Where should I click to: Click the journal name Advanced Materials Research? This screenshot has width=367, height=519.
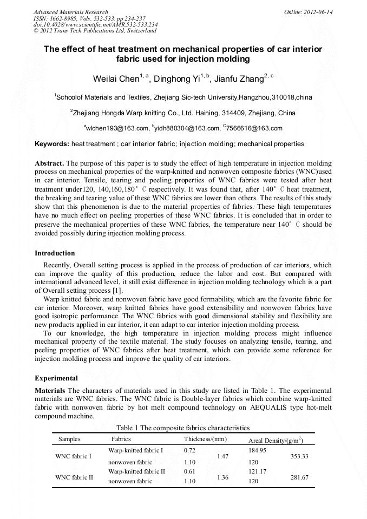[70, 12]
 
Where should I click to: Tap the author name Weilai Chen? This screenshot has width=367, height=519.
[116, 79]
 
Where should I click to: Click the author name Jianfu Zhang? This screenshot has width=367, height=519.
[239, 79]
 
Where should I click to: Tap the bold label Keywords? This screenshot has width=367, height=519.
[52, 144]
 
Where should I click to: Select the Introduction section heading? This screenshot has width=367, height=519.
[55, 253]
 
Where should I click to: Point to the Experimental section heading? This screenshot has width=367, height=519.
[56, 378]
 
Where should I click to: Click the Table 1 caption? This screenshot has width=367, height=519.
[183, 428]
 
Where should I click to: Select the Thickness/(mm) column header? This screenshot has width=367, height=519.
[205, 439]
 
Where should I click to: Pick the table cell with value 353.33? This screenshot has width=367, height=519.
[299, 456]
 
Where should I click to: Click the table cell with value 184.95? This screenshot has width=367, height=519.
[257, 450]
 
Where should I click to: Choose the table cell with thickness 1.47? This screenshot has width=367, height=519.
[222, 456]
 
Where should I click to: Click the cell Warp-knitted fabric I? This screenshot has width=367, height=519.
[135, 450]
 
